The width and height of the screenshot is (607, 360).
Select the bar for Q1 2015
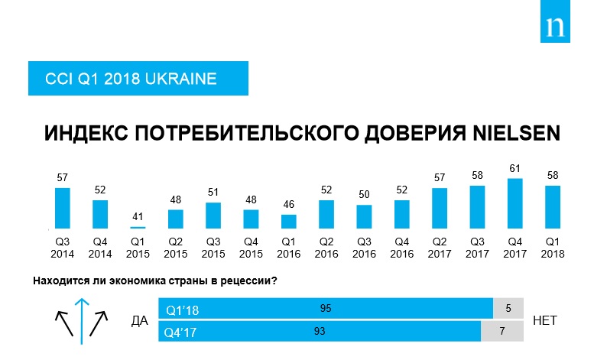(138, 227)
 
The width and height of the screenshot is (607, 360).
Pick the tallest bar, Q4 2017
(515, 203)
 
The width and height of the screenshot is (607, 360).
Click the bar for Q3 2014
(63, 208)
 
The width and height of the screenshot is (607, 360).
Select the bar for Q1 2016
(288, 221)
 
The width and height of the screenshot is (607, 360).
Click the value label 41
(138, 216)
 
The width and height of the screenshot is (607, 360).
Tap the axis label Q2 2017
(440, 248)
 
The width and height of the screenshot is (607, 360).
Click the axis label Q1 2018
(553, 248)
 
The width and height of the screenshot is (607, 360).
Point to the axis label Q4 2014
(99, 248)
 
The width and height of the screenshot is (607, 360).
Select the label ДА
(139, 321)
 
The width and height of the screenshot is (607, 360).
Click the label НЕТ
(549, 321)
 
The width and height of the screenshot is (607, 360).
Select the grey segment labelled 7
(502, 332)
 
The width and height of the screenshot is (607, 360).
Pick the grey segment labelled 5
(508, 309)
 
